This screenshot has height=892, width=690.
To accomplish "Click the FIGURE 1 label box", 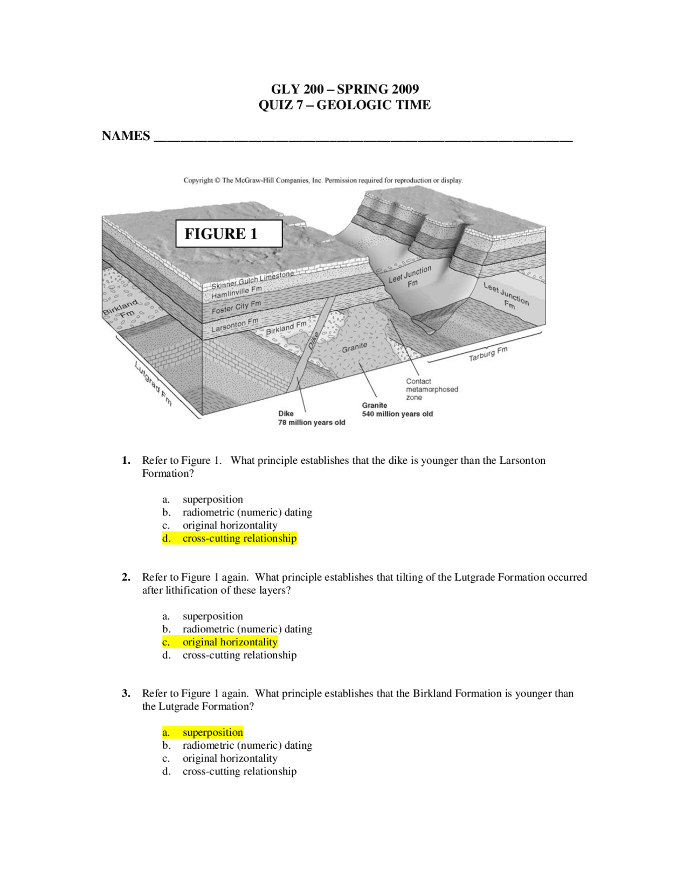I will point(229,234).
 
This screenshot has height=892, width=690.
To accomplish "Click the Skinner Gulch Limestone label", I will point(252,281).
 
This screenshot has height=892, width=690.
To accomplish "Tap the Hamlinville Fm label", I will point(236,292).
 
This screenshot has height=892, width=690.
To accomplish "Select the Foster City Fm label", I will point(236,307).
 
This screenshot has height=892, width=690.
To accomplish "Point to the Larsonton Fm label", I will point(234,324).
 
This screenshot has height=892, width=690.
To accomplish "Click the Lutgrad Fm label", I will point(153,383).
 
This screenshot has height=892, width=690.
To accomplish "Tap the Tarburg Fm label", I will point(488,354).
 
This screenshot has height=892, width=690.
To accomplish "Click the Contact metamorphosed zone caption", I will point(431,389).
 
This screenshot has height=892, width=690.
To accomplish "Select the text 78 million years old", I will point(312,422).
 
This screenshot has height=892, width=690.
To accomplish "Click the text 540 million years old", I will point(397,414).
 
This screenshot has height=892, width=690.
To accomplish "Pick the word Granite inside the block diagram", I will point(354,348).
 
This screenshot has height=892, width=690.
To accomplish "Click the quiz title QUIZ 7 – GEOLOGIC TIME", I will point(344,105).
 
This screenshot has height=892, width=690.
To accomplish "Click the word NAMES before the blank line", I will point(126,136).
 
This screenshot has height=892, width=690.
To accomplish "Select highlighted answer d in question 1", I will point(230,538).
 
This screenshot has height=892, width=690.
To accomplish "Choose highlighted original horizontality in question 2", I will point(220,642).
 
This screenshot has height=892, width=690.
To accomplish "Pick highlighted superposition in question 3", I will point(203,732).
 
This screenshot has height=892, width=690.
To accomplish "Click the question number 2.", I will point(126,577).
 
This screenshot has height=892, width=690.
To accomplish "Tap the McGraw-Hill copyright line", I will point(323,180).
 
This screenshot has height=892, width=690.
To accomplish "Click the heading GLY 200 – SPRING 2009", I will point(344,89).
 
